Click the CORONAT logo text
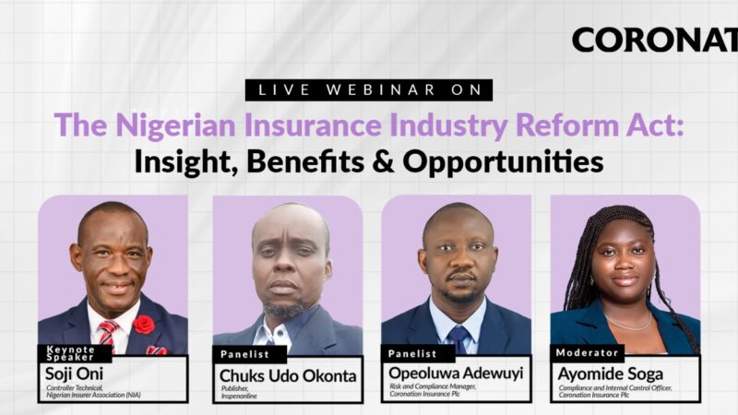(654, 40)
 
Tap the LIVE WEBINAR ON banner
(369, 89)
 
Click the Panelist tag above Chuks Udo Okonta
(244, 353)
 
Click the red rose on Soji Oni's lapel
(144, 324)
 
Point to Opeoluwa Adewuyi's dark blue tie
(457, 337)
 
